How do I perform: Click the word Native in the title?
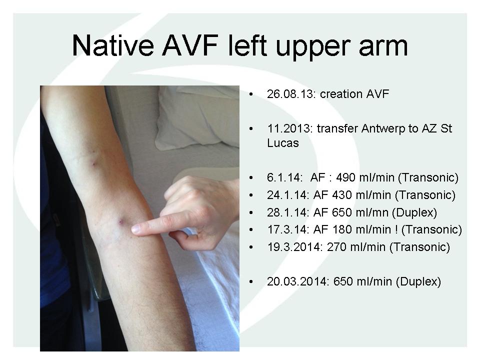click(x=113, y=45)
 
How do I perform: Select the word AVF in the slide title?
click(x=190, y=45)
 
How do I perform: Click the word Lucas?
click(x=282, y=142)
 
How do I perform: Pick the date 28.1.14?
click(x=288, y=212)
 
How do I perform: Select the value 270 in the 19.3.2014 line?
click(x=337, y=247)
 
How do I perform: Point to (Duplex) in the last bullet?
click(x=418, y=281)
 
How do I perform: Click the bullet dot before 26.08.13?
click(x=251, y=94)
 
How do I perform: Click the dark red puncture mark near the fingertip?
click(x=121, y=221)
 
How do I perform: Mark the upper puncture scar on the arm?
click(x=93, y=162)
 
